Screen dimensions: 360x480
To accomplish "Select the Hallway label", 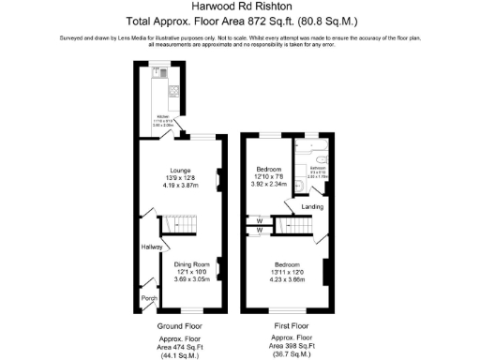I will pos(151,247).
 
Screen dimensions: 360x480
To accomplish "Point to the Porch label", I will pos(148,299).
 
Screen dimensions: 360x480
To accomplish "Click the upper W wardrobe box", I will pos(257,220).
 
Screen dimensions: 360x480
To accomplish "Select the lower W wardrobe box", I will pos(257,230).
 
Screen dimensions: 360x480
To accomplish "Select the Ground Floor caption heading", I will pos(179,326).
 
